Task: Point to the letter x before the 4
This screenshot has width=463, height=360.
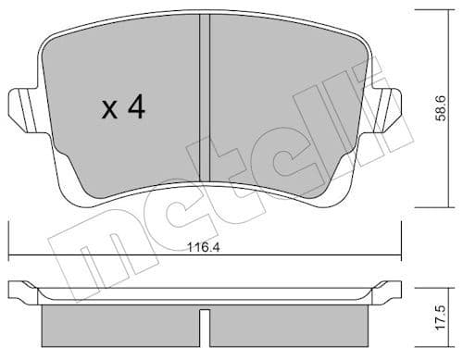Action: (x=108, y=111)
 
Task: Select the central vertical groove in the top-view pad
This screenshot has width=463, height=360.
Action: (x=206, y=102)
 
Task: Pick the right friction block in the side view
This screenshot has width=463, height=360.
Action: (x=296, y=324)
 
